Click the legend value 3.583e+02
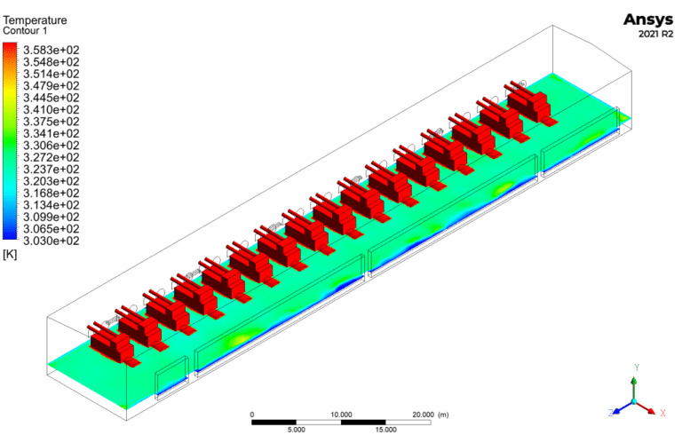52,50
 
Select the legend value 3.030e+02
52,241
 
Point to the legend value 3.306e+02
52,146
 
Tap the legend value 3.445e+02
52,98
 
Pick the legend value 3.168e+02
52,193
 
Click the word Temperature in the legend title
35,20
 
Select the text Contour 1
25,31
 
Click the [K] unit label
10,255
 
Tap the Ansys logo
648,20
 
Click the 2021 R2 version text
656,35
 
